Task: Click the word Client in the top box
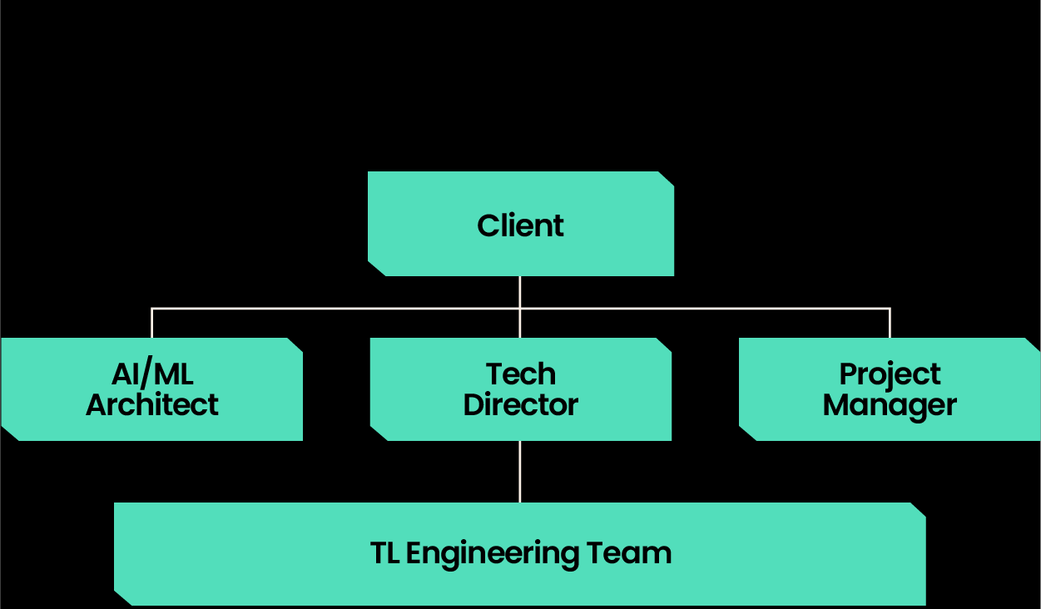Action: (x=520, y=225)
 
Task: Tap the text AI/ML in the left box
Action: (x=152, y=374)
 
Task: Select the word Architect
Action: (x=152, y=405)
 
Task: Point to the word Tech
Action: (x=520, y=374)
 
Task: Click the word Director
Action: (x=520, y=405)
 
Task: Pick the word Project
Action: (x=890, y=375)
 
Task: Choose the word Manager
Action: (x=890, y=406)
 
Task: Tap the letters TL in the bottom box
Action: (x=384, y=553)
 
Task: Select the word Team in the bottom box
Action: (x=629, y=553)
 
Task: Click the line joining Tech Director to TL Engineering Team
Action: (x=520, y=471)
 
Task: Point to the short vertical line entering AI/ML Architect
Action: (x=151, y=323)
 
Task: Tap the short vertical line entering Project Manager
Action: (x=890, y=323)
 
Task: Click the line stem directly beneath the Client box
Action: (x=520, y=291)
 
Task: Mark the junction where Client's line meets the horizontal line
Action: (x=520, y=309)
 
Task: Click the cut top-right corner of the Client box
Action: (x=666, y=179)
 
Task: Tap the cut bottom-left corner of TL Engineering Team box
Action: (x=122, y=597)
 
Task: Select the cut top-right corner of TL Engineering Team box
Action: (x=918, y=510)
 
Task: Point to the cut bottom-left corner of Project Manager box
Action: (x=747, y=433)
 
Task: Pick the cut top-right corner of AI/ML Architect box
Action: (x=295, y=345)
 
